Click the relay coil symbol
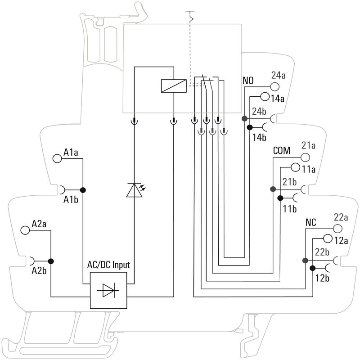coord(174,86)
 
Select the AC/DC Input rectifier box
coord(108,290)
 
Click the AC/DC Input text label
coord(108,265)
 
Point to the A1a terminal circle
coord(57,158)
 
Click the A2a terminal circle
coord(25,230)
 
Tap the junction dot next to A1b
coord(83,190)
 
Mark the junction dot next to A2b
coord(51,261)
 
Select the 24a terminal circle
coord(275,87)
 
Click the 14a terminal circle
coord(265,97)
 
